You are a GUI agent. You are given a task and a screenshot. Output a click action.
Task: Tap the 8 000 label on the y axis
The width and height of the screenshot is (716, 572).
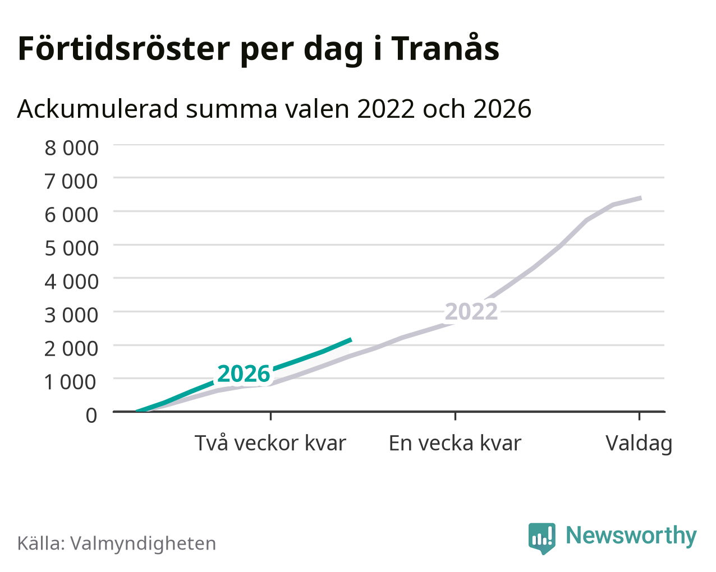(x=71, y=148)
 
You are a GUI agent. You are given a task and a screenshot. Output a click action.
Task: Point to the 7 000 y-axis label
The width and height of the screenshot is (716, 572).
(x=71, y=181)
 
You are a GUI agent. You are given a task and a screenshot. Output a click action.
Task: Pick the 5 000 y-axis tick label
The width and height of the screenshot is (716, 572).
(x=71, y=248)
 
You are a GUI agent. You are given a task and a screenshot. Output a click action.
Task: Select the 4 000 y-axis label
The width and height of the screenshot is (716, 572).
(x=71, y=282)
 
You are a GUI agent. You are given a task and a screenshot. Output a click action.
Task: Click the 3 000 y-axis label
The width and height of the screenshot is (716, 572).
(x=71, y=315)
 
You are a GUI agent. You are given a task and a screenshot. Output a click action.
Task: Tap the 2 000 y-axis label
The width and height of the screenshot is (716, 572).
(x=71, y=348)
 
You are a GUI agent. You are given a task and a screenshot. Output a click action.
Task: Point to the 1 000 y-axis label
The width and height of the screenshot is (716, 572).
(x=71, y=382)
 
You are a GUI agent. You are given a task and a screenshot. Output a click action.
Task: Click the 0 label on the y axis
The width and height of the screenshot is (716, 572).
(x=91, y=416)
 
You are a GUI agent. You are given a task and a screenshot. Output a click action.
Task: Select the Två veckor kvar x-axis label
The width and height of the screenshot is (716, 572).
(x=270, y=443)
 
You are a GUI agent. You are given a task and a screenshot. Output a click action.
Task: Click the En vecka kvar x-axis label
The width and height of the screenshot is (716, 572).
(x=455, y=443)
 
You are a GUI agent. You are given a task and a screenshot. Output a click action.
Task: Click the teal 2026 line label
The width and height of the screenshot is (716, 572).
(x=244, y=373)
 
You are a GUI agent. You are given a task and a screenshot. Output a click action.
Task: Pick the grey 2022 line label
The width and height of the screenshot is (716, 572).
(x=471, y=312)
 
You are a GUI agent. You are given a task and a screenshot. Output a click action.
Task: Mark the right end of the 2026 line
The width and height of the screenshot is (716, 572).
(x=351, y=339)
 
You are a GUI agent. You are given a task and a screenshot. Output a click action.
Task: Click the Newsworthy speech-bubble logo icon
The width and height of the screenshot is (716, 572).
(x=541, y=538)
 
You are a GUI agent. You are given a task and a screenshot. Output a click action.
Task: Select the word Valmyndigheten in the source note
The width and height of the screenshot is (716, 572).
(x=143, y=544)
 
